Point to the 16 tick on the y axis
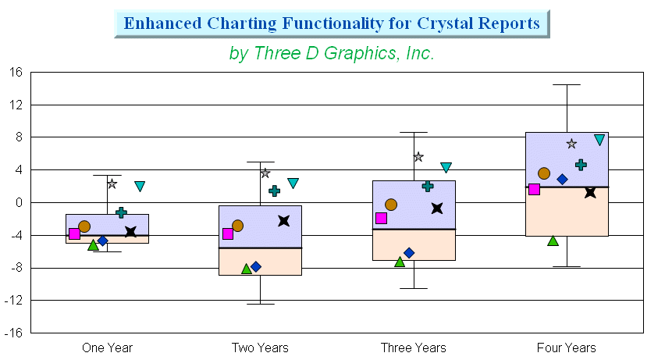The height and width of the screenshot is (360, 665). [16, 72]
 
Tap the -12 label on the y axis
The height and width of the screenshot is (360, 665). [13, 301]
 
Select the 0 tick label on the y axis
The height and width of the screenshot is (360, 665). [19, 203]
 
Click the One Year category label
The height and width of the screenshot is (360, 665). [107, 348]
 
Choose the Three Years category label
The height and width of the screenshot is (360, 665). [414, 348]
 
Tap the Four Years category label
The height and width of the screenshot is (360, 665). [567, 348]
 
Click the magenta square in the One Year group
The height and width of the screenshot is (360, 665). [74, 234]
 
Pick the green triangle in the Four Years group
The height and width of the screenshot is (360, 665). [553, 241]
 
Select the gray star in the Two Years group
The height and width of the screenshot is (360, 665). [265, 173]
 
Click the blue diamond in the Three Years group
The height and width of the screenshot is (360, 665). [409, 253]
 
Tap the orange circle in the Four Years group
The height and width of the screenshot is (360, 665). [544, 173]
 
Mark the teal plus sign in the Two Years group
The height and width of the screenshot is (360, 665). [275, 191]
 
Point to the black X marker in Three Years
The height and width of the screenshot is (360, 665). [437, 209]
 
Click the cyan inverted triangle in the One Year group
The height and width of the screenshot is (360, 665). [140, 186]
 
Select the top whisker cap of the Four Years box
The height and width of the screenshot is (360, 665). [567, 85]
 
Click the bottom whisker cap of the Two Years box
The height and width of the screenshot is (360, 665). [261, 304]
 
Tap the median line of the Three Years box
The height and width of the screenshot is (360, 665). [414, 230]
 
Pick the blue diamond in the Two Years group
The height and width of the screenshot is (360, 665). [256, 267]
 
